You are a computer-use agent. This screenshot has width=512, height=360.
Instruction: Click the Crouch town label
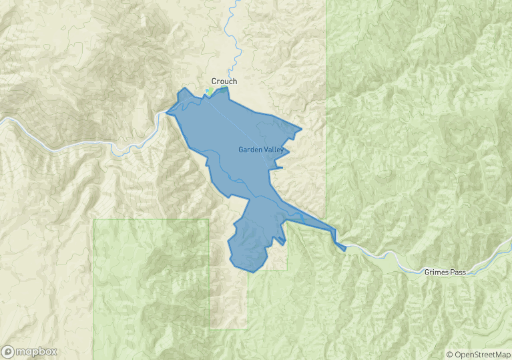[x=224, y=81]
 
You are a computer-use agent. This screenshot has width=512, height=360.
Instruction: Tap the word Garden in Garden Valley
[x=250, y=150]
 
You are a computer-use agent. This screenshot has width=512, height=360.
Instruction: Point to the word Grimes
[x=437, y=273]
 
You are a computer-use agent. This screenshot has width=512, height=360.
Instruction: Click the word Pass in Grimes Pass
[x=459, y=273]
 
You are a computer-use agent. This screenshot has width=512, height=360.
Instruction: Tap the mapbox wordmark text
[x=37, y=351]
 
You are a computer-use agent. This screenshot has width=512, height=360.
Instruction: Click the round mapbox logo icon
[x=8, y=351]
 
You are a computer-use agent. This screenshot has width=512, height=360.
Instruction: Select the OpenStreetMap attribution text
[x=481, y=355]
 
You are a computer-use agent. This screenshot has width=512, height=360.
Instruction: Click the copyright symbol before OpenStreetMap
[x=450, y=355]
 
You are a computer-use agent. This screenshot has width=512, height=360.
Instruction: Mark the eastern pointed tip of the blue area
[x=302, y=129]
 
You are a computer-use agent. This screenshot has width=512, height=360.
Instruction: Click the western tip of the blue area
[x=166, y=112]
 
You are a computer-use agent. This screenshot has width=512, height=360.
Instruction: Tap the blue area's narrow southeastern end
[x=344, y=249]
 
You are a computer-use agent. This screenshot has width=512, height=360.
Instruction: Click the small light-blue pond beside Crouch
[x=208, y=91]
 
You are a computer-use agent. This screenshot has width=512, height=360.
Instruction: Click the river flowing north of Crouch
[x=233, y=40]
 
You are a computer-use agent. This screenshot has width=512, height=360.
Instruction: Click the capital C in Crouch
[x=214, y=81]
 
